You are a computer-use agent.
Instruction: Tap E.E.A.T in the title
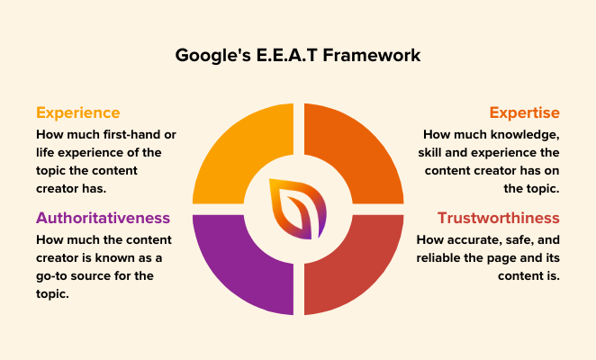pyautogui.click(x=286, y=56)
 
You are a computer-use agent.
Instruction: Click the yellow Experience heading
pyautogui.click(x=77, y=112)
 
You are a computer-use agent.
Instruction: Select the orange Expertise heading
pyautogui.click(x=524, y=112)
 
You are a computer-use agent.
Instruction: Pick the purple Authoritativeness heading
pyautogui.click(x=103, y=218)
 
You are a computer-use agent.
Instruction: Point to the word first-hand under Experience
pyautogui.click(x=144, y=134)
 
